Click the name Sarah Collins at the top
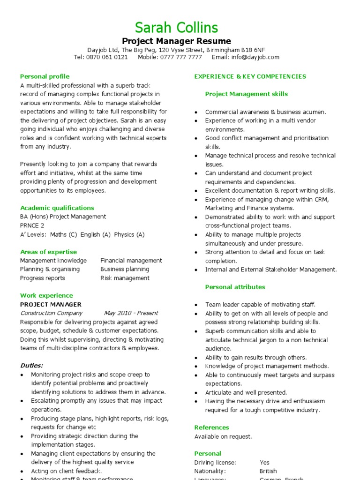[x=176, y=27]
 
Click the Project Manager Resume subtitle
[x=176, y=41]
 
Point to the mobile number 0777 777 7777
[x=180, y=57]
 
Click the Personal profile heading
[x=45, y=76]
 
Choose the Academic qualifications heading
[x=57, y=208]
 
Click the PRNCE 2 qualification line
[x=32, y=225]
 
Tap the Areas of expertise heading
[x=48, y=252]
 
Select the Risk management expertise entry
[x=125, y=278]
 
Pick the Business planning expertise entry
[x=125, y=269]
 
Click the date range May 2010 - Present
[x=131, y=313]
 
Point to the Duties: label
[x=31, y=366]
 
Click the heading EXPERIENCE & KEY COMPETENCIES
[x=250, y=76]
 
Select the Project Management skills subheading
[x=246, y=94]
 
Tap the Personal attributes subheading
[x=235, y=287]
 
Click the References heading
[x=211, y=427]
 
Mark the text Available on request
[x=223, y=436]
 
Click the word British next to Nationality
[x=268, y=471]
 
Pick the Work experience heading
[x=46, y=295]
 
